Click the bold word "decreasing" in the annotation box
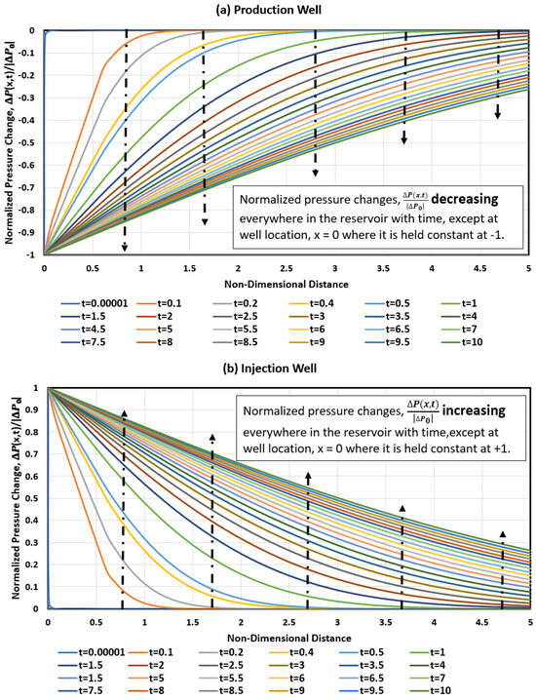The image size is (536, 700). (x=452, y=201)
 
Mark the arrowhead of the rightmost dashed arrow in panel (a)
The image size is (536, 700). (x=497, y=116)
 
